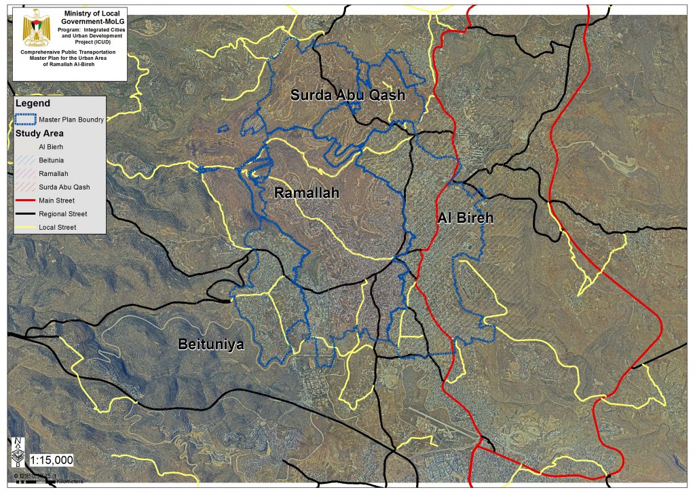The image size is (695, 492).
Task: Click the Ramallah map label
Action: click(306, 194)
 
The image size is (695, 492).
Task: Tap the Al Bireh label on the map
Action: click(464, 218)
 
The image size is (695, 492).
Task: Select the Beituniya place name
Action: click(210, 345)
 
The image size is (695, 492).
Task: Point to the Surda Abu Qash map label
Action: click(347, 95)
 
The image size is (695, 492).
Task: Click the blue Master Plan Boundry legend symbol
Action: click(26, 120)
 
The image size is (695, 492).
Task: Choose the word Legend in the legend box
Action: click(33, 103)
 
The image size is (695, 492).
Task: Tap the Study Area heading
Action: click(39, 133)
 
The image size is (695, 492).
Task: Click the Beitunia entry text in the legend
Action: click(52, 160)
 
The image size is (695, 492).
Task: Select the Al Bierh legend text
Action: click(52, 147)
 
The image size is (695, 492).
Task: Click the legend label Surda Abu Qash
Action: click(64, 187)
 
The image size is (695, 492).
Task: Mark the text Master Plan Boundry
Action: click(71, 120)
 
